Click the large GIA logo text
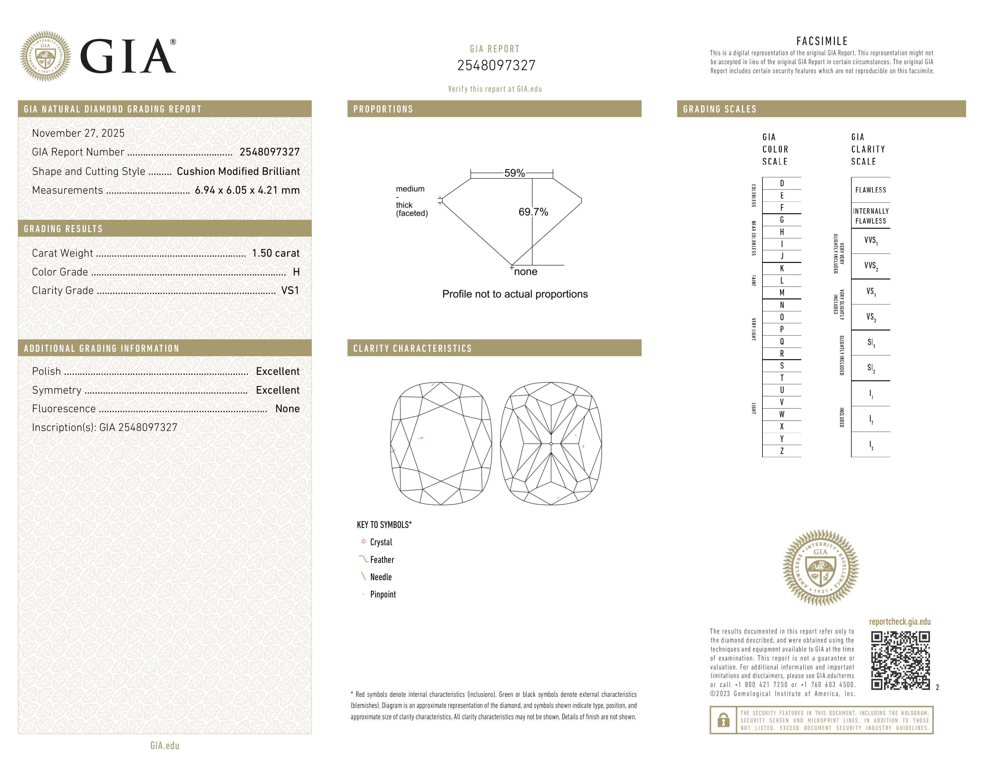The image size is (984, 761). pos(128,56)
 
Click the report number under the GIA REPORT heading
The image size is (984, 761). pos(496,65)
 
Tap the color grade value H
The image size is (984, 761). pos(296,272)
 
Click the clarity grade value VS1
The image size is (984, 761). pos(290,290)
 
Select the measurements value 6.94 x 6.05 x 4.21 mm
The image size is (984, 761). pos(247,190)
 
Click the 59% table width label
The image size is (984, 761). pos(514,173)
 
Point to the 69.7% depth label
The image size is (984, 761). pos(533,212)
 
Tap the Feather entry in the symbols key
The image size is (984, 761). pos(382,560)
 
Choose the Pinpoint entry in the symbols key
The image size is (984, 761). pos(383,594)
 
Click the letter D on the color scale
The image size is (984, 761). pos(782,183)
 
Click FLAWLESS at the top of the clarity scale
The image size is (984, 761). pos(870,190)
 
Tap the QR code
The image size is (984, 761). pos(900,660)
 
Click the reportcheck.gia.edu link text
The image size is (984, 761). pos(899,622)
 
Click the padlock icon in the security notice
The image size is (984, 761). pos(723,720)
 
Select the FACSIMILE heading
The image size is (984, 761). pos(822,41)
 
